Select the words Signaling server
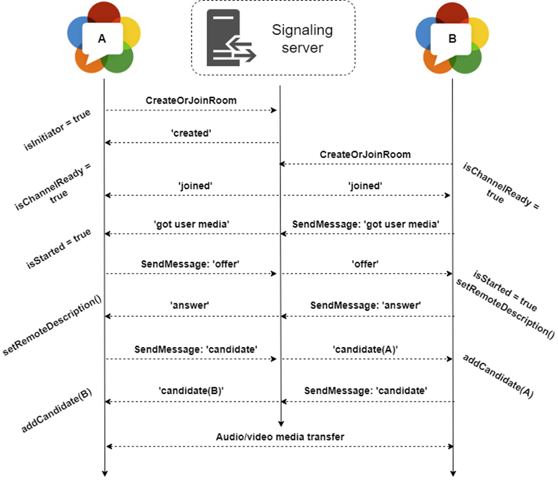302,39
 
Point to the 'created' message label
190,133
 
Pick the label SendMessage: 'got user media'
366,223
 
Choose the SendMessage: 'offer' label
190,264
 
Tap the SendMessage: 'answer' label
366,305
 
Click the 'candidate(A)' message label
365,349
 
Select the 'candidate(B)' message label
190,389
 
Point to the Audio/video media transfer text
280,437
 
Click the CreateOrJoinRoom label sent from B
365,155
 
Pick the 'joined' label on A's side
190,185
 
